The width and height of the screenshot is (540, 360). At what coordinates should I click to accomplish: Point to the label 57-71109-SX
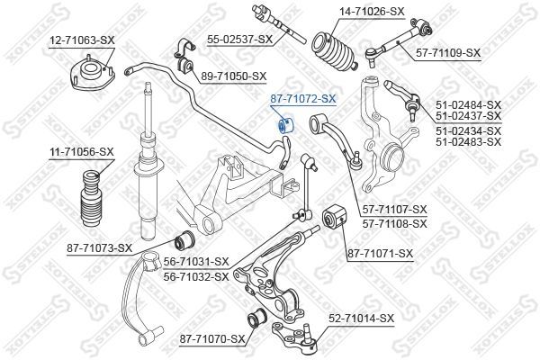pos(448,53)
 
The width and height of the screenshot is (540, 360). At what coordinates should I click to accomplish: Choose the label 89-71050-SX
pos(235,76)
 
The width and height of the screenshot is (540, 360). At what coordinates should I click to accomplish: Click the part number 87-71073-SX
pos(99,247)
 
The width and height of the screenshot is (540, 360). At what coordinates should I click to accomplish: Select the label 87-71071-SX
pos(380,254)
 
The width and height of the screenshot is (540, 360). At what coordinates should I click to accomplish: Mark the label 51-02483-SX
pos(469,142)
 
